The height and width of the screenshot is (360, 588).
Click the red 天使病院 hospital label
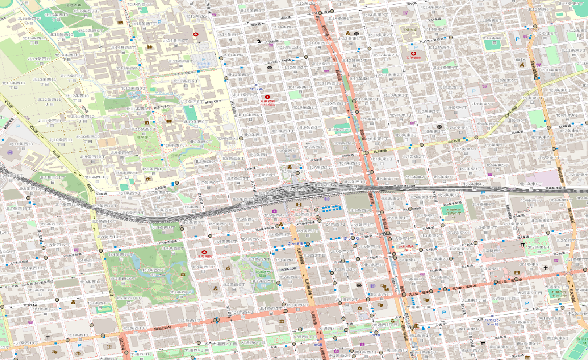(x=413, y=59)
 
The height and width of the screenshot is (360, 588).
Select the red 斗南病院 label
(x=204, y=256)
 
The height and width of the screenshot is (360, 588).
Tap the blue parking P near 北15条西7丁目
(x=160, y=22)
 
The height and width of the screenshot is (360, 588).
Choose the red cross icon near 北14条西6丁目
(x=196, y=34)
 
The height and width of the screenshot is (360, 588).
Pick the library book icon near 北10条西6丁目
(x=169, y=121)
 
